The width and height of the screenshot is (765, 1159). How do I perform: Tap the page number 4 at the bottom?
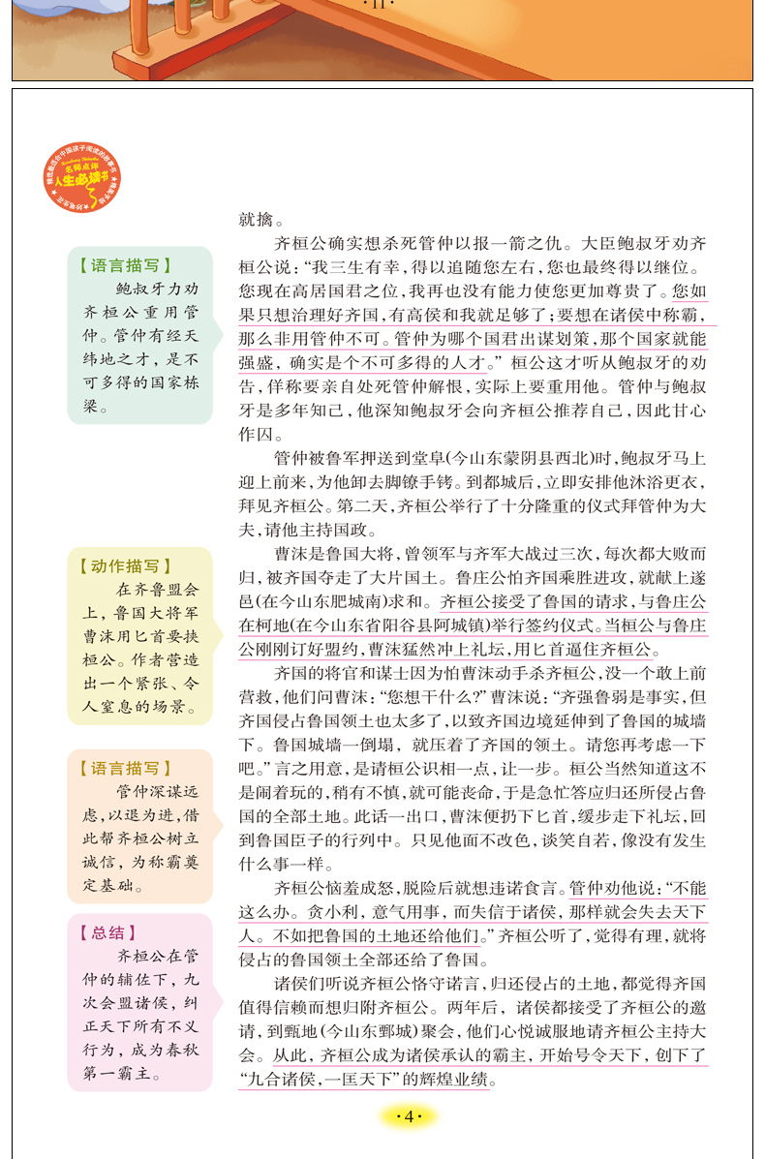click(408, 1118)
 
